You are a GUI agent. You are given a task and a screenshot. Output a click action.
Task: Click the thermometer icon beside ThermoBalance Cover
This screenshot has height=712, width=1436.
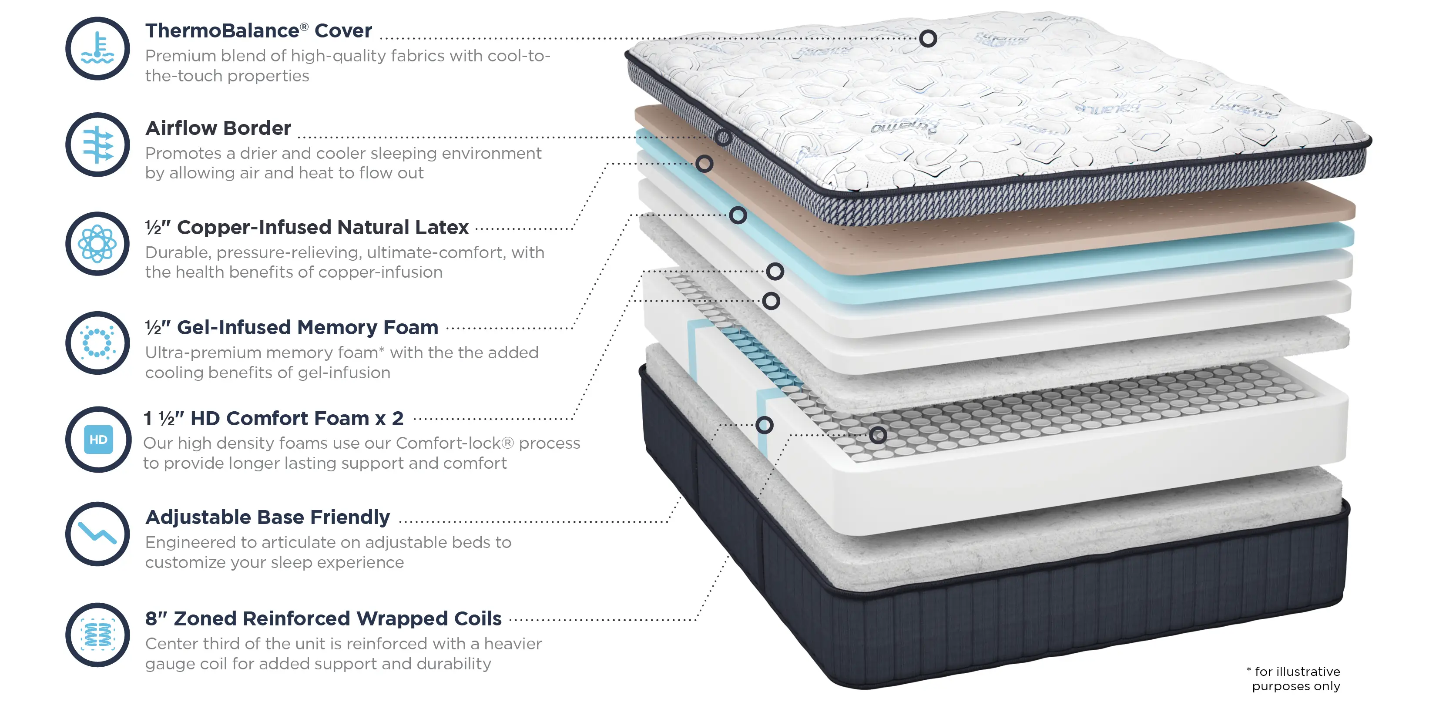(97, 48)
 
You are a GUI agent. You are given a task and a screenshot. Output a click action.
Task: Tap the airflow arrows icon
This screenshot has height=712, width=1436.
(97, 145)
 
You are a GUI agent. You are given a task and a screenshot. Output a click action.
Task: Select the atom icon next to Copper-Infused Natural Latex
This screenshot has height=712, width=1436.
(97, 244)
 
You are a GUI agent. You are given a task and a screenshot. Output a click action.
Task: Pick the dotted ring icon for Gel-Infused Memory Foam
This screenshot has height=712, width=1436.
(97, 343)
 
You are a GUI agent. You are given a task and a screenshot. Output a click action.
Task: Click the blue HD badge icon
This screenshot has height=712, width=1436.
(98, 440)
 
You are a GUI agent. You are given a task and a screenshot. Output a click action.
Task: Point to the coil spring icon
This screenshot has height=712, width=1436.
(97, 635)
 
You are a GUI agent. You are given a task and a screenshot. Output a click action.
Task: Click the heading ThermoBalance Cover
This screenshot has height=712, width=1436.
(258, 30)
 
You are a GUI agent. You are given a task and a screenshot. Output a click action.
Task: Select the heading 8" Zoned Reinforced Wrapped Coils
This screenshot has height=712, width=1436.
(323, 618)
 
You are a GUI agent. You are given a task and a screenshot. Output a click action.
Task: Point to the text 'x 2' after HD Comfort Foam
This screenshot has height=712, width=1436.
(389, 419)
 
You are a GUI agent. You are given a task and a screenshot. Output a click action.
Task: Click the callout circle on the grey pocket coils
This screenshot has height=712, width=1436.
(878, 435)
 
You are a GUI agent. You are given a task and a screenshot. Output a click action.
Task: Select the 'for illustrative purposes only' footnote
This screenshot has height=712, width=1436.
(1293, 678)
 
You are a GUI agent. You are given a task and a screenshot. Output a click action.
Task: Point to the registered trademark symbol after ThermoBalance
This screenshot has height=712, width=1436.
(304, 26)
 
